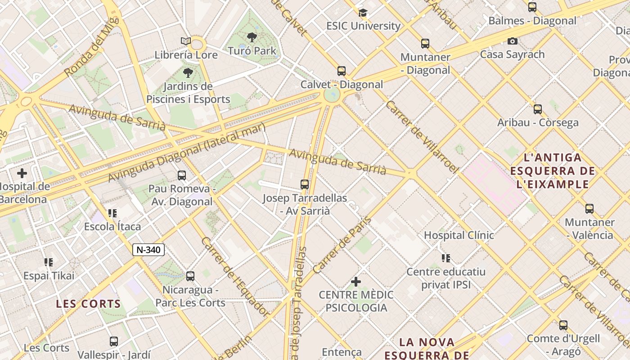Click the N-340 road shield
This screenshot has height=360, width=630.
(148, 250)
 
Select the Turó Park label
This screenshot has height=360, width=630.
(252, 51)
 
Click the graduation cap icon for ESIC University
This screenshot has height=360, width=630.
(363, 13)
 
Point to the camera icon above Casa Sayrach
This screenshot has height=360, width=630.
(512, 41)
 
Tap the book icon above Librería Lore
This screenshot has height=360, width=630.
(186, 41)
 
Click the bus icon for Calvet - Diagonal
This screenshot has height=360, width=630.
(342, 71)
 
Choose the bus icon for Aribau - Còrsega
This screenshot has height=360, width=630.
(537, 109)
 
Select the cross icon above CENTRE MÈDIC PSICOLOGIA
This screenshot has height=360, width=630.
(356, 282)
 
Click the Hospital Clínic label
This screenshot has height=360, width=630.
(459, 235)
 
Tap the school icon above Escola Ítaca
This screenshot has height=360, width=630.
(112, 213)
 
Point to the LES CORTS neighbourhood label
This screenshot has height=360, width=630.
(89, 304)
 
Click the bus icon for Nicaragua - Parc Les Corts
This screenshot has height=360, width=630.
(190, 276)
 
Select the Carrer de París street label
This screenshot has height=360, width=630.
(342, 245)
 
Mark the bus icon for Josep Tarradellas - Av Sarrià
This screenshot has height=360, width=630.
(305, 184)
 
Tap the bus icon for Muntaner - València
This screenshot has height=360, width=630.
(589, 209)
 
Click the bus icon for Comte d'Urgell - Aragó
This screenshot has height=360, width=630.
(563, 325)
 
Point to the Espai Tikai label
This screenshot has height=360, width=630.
(49, 275)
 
